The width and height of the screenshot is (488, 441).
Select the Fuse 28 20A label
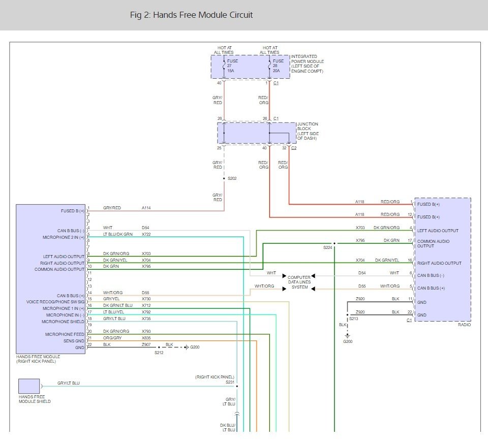278,66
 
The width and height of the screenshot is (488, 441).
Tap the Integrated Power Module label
307,64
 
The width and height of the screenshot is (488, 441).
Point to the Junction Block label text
308,131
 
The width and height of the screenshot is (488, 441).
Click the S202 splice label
232,178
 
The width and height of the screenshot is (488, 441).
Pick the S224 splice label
328,247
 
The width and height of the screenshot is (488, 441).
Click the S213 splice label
354,319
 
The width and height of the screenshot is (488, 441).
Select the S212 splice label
159,353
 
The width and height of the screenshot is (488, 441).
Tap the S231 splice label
230,382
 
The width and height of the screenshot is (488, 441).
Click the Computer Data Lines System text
299,282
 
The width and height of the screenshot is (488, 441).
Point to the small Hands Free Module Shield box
29,386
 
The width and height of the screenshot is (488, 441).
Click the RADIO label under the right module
464,325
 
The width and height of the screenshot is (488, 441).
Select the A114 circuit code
146,208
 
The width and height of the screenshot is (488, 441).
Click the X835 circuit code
146,338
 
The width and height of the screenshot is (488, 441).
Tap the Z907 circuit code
146,344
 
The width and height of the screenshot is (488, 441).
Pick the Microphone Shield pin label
63,322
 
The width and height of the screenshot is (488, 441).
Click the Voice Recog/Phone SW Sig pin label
55,302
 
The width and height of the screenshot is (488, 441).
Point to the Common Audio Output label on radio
433,243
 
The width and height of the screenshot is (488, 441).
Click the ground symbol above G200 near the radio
347,336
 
